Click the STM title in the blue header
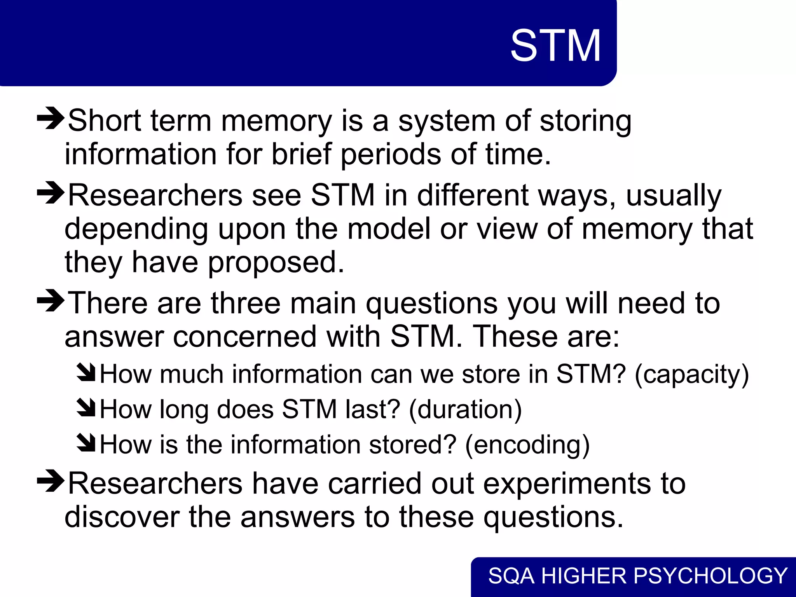coord(555,46)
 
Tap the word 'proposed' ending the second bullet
coord(276,263)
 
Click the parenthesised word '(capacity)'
coord(691,374)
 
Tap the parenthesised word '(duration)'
coord(465,410)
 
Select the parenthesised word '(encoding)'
coord(527,445)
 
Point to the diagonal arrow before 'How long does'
coord(86,408)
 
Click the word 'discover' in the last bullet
coord(122,517)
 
